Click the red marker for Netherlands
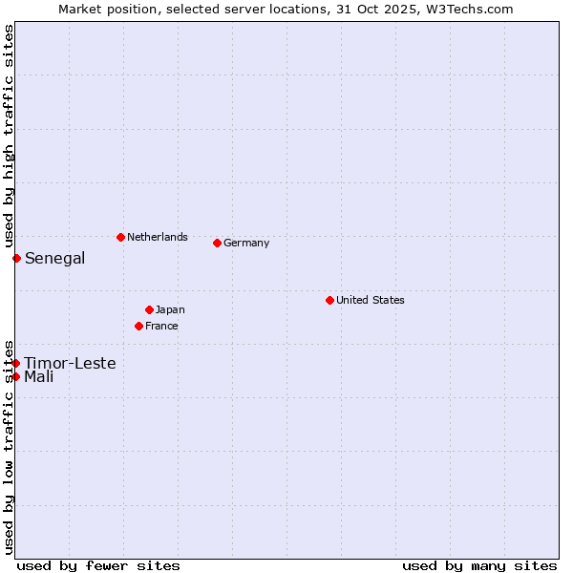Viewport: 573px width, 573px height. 120,237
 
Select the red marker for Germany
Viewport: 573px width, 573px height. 217,243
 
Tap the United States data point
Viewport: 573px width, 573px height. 329,300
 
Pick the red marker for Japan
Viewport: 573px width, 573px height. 149,309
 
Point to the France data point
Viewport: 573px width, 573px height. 138,326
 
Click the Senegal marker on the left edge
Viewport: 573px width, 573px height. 16,258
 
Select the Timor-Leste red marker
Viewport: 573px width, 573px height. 16,363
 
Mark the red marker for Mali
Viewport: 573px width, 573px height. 16,376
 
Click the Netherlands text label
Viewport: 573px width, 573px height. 158,237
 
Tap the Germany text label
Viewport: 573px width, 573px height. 246,243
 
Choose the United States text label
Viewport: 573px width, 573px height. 371,300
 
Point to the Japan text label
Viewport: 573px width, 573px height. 170,309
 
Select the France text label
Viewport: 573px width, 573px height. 161,326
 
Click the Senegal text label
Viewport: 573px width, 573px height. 54,258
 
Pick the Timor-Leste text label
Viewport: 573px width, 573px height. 70,363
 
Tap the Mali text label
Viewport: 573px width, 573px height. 39,376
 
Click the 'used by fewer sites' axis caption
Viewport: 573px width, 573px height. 98,565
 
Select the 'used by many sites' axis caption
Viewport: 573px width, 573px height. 479,565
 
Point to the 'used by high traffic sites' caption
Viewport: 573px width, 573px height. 9,137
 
